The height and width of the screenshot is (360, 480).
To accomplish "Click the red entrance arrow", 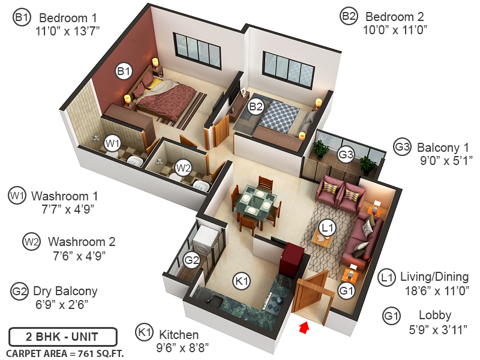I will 304,328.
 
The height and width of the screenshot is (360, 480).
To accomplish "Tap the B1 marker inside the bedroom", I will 124,72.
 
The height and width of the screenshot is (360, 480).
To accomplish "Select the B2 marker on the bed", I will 256,107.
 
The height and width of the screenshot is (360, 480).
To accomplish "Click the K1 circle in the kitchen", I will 241,280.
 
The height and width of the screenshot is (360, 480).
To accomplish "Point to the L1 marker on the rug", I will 327,228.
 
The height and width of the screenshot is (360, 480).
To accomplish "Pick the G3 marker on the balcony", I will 346,155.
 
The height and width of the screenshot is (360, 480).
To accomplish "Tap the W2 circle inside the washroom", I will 183,167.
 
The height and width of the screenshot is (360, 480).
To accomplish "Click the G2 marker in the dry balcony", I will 191,260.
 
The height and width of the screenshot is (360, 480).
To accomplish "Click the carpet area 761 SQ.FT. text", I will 65,353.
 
